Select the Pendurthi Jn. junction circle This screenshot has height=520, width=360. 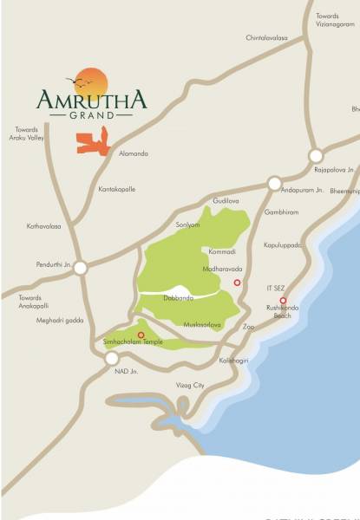tap(80, 269)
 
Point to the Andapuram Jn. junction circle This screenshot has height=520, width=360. tap(274, 184)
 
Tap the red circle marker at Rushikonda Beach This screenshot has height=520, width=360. tap(283, 301)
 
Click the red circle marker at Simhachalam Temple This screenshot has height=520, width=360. tap(141, 335)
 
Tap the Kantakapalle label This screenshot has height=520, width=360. tap(117, 187)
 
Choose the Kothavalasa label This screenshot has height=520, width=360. tap(44, 226)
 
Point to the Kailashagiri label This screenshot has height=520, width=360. tap(235, 358)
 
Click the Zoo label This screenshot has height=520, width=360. tap(248, 327)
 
